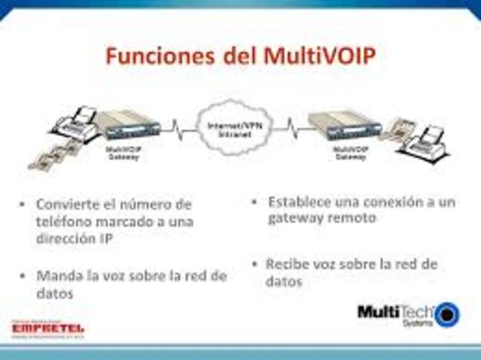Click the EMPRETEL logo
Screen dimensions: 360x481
47,328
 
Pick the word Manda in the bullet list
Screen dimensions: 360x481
59,276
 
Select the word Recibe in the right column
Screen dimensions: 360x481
289,265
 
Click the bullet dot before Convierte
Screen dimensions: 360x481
24,204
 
